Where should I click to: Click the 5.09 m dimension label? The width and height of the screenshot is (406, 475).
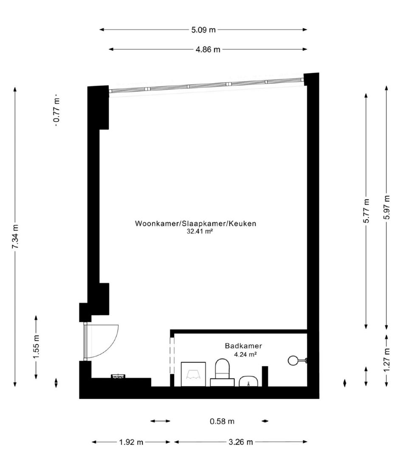coord(203,30)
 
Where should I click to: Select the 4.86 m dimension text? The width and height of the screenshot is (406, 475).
coord(208,49)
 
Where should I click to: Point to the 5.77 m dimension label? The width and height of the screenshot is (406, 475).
coord(367,211)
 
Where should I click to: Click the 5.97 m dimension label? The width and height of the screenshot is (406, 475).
coord(386,208)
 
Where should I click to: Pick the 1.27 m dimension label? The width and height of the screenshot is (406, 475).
coord(386,360)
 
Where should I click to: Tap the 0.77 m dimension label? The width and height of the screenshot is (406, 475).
coord(56,110)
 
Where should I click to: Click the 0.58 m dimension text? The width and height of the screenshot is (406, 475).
coord(222,421)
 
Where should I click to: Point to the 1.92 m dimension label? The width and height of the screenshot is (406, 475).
coord(131,442)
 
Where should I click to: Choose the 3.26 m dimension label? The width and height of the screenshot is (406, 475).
coord(241,442)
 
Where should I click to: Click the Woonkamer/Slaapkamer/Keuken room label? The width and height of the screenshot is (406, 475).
coord(196,224)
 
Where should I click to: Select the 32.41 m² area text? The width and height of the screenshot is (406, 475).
coord(199,232)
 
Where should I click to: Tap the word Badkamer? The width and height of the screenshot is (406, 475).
coord(243,346)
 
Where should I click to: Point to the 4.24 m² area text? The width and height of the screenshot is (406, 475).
coord(245,354)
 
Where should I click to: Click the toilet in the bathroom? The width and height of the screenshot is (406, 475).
coord(223,373)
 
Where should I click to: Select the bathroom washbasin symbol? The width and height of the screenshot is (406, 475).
coord(248,382)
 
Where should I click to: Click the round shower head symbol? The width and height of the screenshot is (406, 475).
coord(293,360)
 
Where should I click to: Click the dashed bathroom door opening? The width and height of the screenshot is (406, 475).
coord(172,356)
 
